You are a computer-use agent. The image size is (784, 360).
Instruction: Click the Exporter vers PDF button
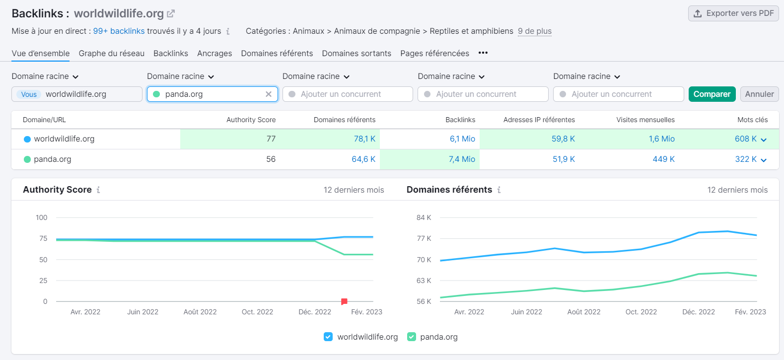point(733,13)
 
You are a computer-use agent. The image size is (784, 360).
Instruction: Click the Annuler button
point(759,94)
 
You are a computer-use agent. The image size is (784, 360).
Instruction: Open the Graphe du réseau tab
point(111,53)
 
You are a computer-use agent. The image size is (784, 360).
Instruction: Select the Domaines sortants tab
point(356,53)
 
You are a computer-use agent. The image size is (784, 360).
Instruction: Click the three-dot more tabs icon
point(483,53)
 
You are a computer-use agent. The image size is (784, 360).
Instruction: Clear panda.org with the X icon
point(269,94)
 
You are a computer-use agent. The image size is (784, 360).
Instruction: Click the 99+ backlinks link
point(119,31)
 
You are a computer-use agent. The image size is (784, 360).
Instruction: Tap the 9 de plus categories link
point(534,31)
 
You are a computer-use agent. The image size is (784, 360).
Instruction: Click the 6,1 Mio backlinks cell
point(462,139)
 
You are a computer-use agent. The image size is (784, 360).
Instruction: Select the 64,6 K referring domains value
point(363,159)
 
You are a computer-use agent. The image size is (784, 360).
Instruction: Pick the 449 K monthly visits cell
point(663,159)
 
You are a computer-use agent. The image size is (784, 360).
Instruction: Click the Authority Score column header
point(251,120)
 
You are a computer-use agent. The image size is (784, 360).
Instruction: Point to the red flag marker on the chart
point(344,301)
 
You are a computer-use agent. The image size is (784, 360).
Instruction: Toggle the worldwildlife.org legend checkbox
point(328,337)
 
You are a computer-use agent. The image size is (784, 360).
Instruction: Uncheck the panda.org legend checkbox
point(411,337)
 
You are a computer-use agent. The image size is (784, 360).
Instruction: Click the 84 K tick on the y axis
point(424,217)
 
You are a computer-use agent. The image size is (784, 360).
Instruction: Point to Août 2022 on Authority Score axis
point(200,312)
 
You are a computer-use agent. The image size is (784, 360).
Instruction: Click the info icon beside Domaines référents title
point(499,190)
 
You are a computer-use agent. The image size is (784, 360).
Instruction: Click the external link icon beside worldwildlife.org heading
point(171,13)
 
